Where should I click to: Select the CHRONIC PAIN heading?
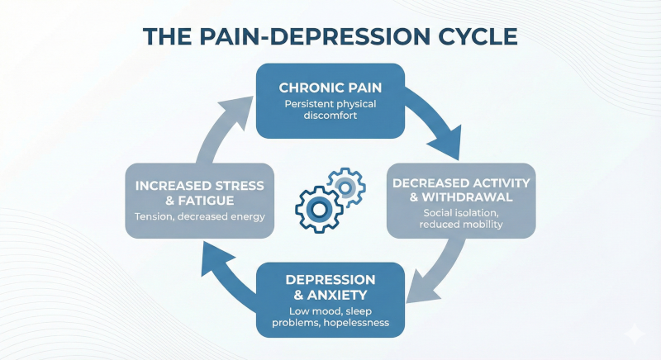pos(330,88)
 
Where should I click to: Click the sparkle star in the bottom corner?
pos(635,334)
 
